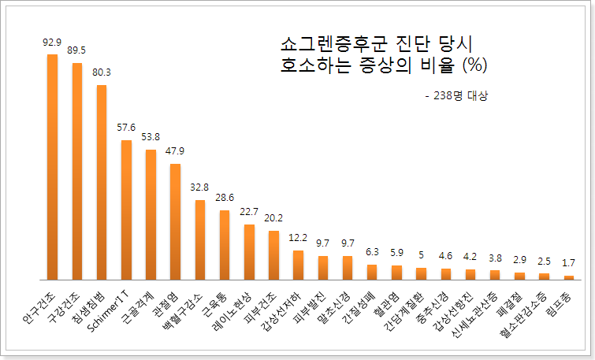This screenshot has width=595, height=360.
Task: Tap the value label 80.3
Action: [x=102, y=72]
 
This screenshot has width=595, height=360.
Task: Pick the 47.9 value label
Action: [x=175, y=151]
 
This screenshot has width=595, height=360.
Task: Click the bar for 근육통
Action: [x=225, y=245]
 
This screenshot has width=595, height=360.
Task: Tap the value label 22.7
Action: [x=249, y=212]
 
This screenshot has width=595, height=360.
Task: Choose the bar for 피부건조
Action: [x=273, y=255]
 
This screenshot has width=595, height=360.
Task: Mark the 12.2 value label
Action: [x=298, y=238]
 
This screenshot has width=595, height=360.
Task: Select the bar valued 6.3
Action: [x=372, y=272]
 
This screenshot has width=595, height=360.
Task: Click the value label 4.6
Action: [x=445, y=256]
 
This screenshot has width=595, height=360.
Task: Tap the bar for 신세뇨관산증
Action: [x=495, y=275]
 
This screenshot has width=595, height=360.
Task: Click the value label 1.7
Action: [x=568, y=262]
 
